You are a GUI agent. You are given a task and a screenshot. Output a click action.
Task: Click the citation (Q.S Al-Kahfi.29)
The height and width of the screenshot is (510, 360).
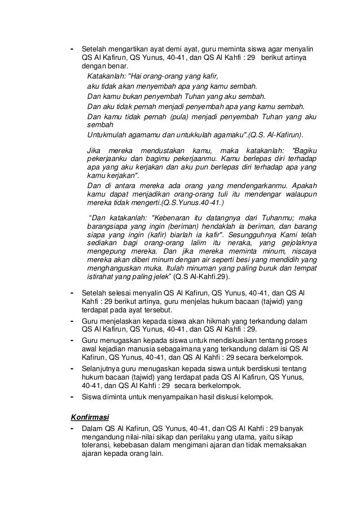tap(208, 277)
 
